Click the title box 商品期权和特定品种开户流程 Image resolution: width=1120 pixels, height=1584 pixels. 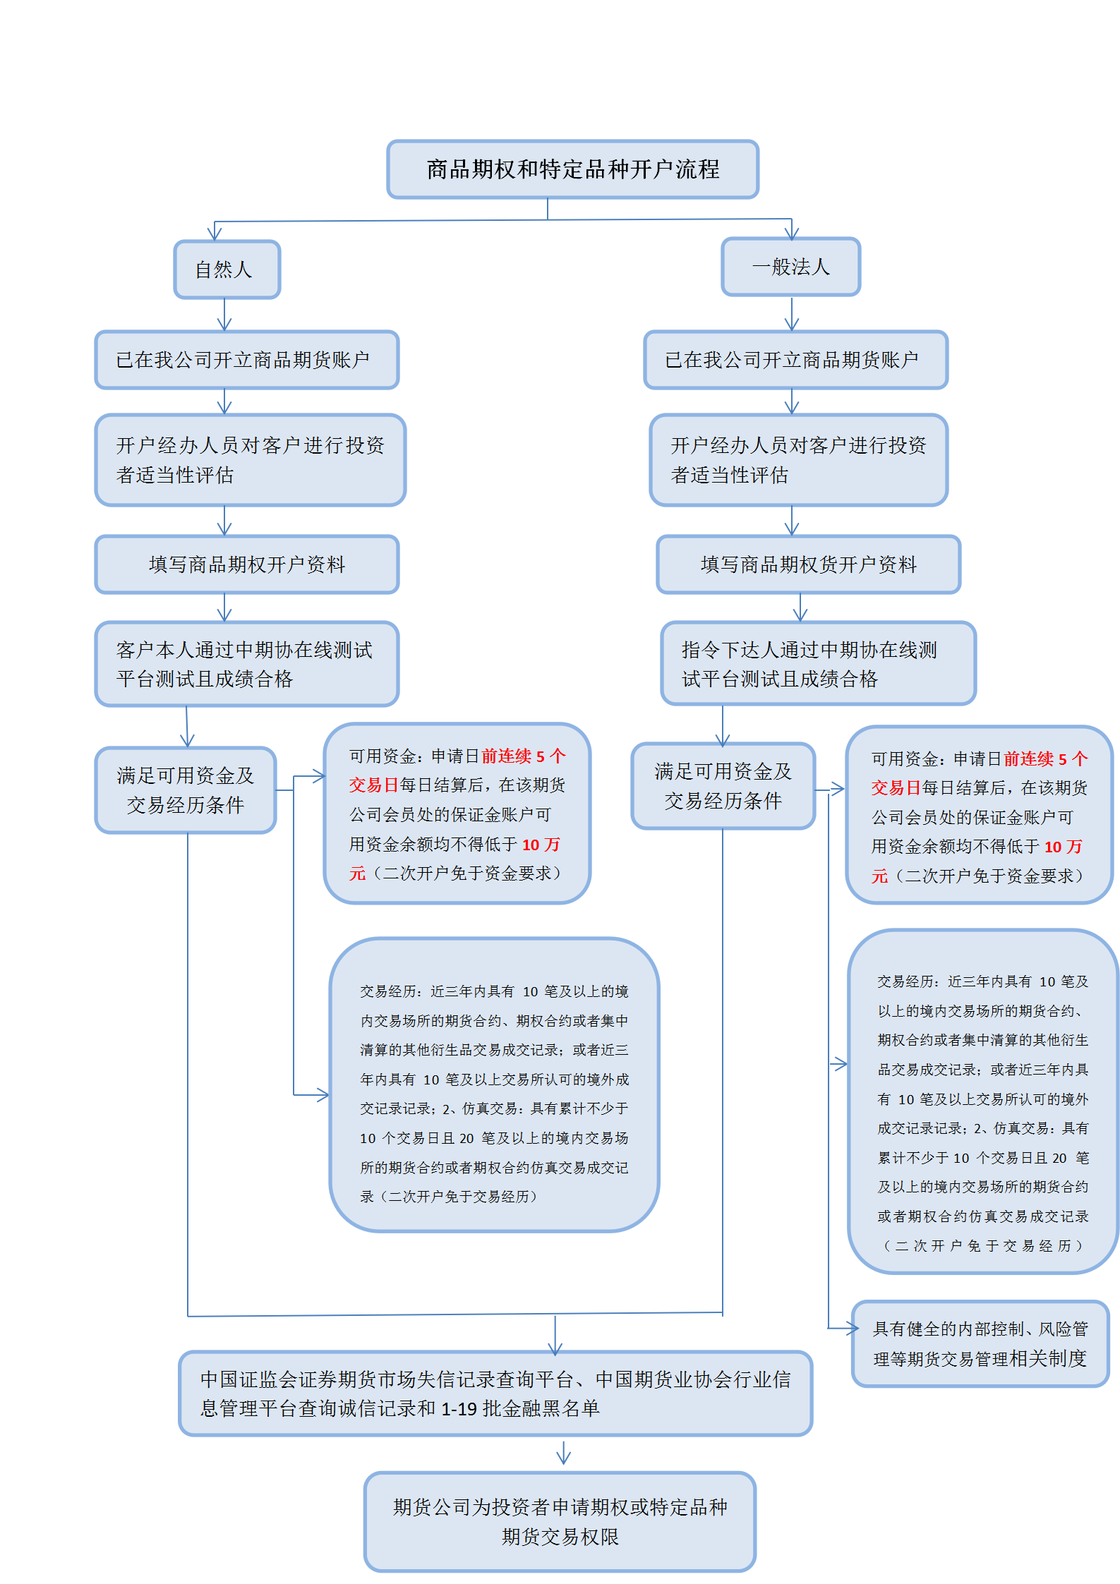point(572,169)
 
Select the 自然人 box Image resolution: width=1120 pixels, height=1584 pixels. point(227,270)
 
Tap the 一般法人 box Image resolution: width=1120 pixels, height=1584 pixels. point(790,267)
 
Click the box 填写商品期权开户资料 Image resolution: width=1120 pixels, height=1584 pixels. point(247,564)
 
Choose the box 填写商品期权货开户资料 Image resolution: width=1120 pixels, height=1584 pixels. point(808,564)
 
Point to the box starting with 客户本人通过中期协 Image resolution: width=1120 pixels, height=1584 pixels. point(247,664)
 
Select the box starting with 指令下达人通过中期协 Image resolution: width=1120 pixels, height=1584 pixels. point(818,664)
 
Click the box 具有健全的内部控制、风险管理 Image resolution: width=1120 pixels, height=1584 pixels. point(980,1343)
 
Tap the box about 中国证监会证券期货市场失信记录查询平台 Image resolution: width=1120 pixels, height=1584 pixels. point(495,1393)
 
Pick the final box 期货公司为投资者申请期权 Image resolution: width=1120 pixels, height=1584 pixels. point(560,1521)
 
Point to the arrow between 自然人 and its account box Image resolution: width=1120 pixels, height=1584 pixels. point(224,315)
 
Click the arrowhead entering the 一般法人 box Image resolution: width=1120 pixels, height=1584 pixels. point(792,232)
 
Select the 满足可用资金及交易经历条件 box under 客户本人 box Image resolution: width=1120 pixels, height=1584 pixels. point(186,790)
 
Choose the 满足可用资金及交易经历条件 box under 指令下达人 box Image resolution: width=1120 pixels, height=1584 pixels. point(723,786)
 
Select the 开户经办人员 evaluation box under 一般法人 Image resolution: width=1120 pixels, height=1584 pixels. point(798,460)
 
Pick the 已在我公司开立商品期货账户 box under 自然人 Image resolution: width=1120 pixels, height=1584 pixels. point(247,360)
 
